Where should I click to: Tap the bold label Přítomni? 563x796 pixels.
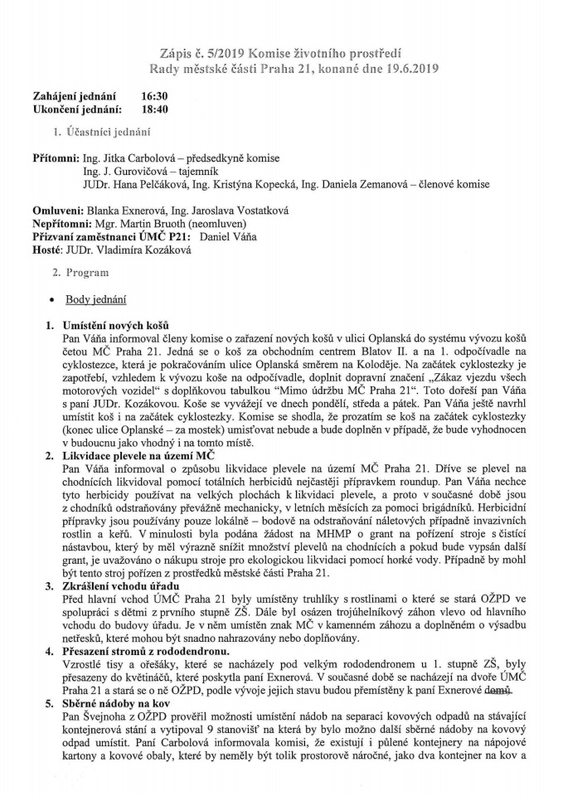[x=56, y=158]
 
